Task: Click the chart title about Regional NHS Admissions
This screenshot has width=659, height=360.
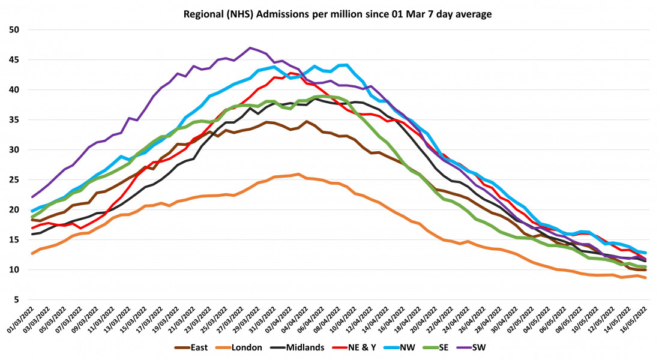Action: click(329, 13)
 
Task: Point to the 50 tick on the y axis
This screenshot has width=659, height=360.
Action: click(14, 30)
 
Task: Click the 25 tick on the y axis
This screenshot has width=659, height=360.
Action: click(14, 180)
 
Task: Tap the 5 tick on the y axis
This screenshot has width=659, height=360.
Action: click(17, 300)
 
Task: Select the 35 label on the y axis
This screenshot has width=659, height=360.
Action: click(14, 120)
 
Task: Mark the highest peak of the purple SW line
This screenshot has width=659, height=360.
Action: click(250, 47)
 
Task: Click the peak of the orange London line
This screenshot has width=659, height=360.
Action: click(298, 174)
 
